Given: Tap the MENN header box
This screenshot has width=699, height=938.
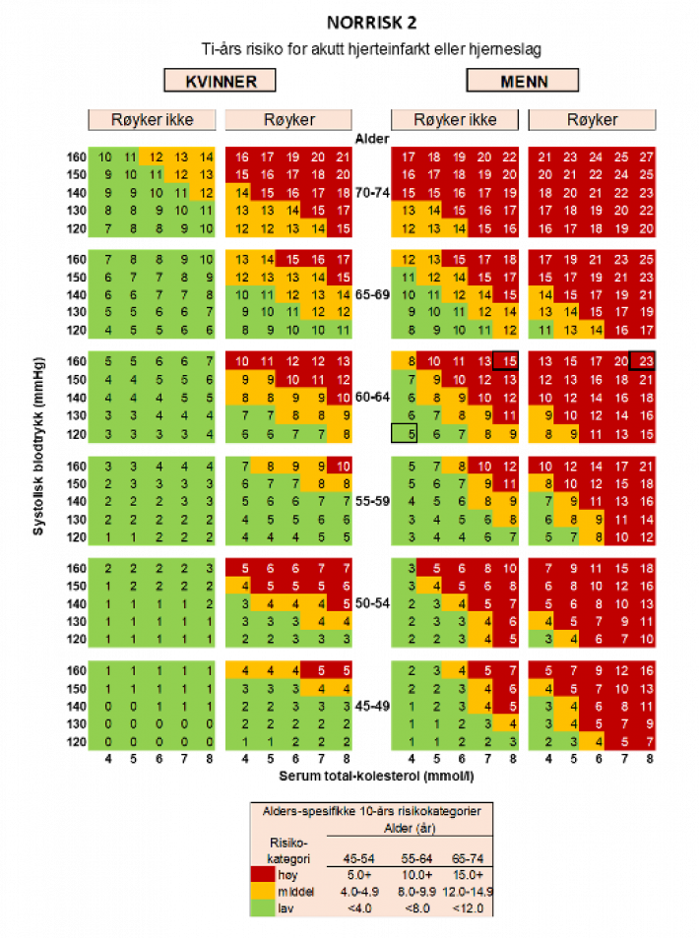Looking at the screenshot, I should point(522,81).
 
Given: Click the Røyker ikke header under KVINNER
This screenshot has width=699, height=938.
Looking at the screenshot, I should point(152,120).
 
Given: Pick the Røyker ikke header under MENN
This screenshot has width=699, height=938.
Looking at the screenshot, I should point(455,120).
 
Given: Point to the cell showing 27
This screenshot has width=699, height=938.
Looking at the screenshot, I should point(645,156).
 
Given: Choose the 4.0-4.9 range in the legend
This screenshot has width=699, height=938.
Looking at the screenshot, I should point(358,892).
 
